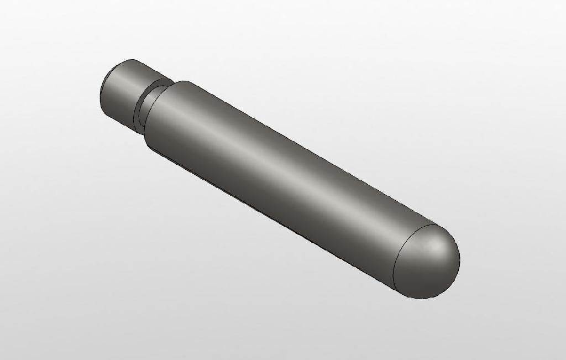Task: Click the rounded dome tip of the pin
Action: tap(428, 260)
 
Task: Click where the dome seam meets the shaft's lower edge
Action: tap(394, 287)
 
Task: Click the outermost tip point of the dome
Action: tap(459, 260)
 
